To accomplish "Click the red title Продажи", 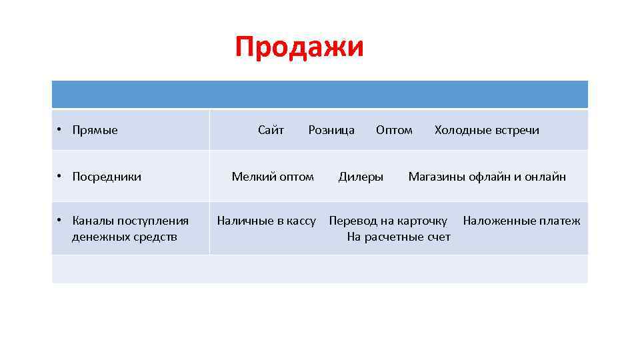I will pyautogui.click(x=299, y=48).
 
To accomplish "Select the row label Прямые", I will pyautogui.click(x=95, y=130).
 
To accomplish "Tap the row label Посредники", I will pyautogui.click(x=107, y=177).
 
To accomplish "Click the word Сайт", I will pyautogui.click(x=271, y=130).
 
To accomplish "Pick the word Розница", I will pyautogui.click(x=331, y=130).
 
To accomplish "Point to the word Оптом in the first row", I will pyautogui.click(x=394, y=130).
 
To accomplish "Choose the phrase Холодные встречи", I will pyautogui.click(x=487, y=130).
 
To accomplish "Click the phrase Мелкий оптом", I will pyautogui.click(x=273, y=177).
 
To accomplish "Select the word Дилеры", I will pyautogui.click(x=361, y=177).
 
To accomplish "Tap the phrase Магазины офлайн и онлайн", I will pyautogui.click(x=487, y=177).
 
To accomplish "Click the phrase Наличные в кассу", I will pyautogui.click(x=266, y=221).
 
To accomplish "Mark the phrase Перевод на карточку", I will pyautogui.click(x=388, y=221).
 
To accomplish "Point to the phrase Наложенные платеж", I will pyautogui.click(x=521, y=221).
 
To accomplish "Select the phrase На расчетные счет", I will pyautogui.click(x=399, y=237).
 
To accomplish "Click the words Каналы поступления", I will pyautogui.click(x=130, y=221).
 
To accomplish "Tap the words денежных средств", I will pyautogui.click(x=125, y=237).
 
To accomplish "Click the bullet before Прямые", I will pyautogui.click(x=59, y=130).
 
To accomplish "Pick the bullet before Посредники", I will pyautogui.click(x=59, y=177).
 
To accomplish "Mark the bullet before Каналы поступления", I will pyautogui.click(x=59, y=221).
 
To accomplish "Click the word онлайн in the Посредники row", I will pyautogui.click(x=545, y=177).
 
